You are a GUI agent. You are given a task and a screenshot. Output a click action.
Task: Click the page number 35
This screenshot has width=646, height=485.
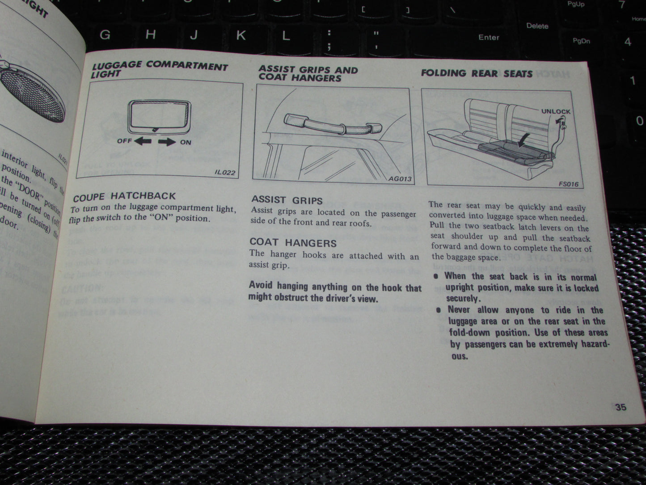point(621,407)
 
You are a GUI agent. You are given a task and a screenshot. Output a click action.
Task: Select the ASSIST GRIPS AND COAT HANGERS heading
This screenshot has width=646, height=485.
point(308,73)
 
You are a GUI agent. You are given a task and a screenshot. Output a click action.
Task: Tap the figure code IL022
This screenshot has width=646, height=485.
point(225,173)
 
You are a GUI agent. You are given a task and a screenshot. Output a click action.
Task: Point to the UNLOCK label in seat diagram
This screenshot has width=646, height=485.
point(556,111)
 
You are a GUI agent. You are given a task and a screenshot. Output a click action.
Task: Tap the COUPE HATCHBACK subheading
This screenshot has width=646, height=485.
point(124,196)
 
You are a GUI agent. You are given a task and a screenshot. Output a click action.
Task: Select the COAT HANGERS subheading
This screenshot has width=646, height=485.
point(293,242)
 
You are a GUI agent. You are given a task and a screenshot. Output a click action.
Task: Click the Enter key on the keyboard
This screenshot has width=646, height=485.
point(489,38)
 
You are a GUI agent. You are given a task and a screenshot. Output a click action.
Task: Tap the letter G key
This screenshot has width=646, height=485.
point(105,34)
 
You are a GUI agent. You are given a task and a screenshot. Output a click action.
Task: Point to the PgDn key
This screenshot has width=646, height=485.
point(581,41)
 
